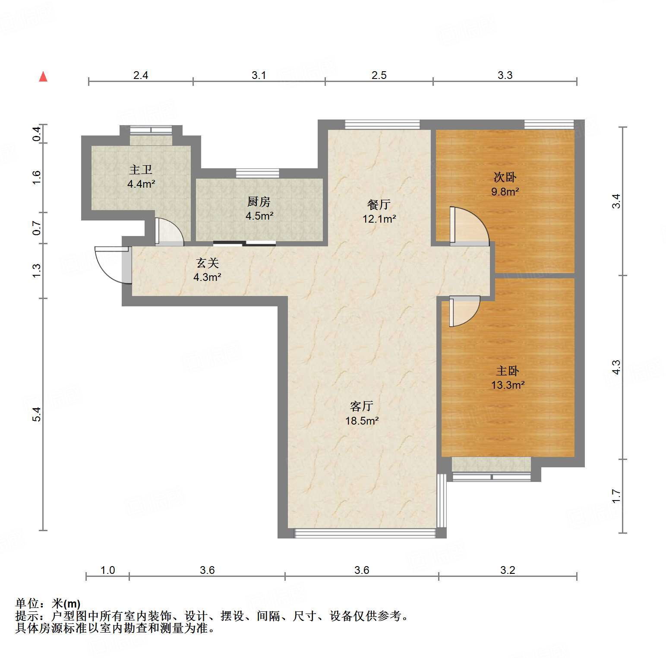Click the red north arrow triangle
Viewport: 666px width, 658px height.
pyautogui.click(x=43, y=77)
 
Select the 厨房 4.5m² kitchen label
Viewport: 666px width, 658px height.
pyautogui.click(x=259, y=209)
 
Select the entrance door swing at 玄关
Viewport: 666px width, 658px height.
pyautogui.click(x=111, y=264)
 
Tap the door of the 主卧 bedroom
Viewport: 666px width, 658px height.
pyautogui.click(x=464, y=311)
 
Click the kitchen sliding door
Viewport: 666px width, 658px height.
pyautogui.click(x=244, y=244)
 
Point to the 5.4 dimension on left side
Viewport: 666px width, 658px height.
pyautogui.click(x=37, y=414)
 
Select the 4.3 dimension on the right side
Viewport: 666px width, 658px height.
pyautogui.click(x=616, y=367)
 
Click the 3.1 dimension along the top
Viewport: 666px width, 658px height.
pyautogui.click(x=259, y=76)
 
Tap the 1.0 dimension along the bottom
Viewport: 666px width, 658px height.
pyautogui.click(x=107, y=570)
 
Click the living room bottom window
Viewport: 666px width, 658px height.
pyautogui.click(x=365, y=533)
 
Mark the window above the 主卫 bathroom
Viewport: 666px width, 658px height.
pyautogui.click(x=151, y=129)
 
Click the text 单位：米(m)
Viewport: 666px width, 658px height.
pyautogui.click(x=48, y=604)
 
